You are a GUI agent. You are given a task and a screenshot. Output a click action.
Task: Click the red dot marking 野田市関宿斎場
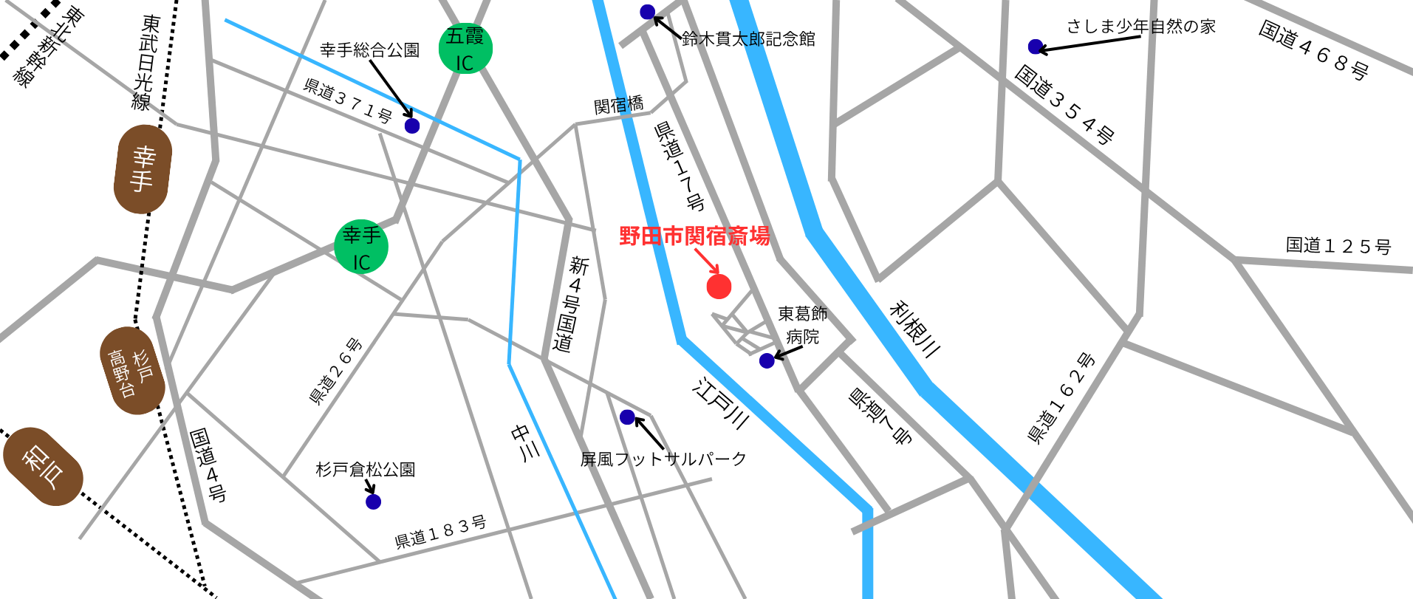click(x=719, y=286)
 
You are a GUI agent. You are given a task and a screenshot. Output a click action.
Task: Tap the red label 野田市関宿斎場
click(x=694, y=236)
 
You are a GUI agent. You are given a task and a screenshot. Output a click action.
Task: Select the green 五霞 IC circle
click(x=465, y=49)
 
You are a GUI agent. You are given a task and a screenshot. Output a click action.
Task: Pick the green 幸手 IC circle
click(x=361, y=247)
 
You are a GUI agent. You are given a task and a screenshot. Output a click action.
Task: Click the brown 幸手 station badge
click(x=143, y=169)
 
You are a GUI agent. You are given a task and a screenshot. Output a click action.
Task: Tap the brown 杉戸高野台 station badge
click(x=132, y=371)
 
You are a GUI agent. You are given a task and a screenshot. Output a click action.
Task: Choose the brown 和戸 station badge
click(x=43, y=467)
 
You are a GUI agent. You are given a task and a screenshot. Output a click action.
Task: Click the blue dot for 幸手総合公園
click(x=412, y=126)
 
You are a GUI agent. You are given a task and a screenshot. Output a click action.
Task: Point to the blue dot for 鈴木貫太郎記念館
click(x=648, y=12)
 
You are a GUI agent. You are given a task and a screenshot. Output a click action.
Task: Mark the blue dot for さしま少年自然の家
click(x=1036, y=47)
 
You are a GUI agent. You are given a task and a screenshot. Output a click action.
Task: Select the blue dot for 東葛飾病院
click(x=767, y=360)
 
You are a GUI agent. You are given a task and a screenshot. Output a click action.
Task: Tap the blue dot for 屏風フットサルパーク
click(x=628, y=417)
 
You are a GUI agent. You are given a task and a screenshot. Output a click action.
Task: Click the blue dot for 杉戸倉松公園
click(x=373, y=502)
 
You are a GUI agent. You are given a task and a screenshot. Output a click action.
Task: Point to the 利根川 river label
click(x=915, y=329)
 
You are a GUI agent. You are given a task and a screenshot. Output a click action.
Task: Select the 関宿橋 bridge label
click(x=619, y=106)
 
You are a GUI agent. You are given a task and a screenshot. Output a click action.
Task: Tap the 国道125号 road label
click(x=1338, y=246)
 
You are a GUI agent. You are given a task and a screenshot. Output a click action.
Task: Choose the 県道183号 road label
click(x=440, y=533)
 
